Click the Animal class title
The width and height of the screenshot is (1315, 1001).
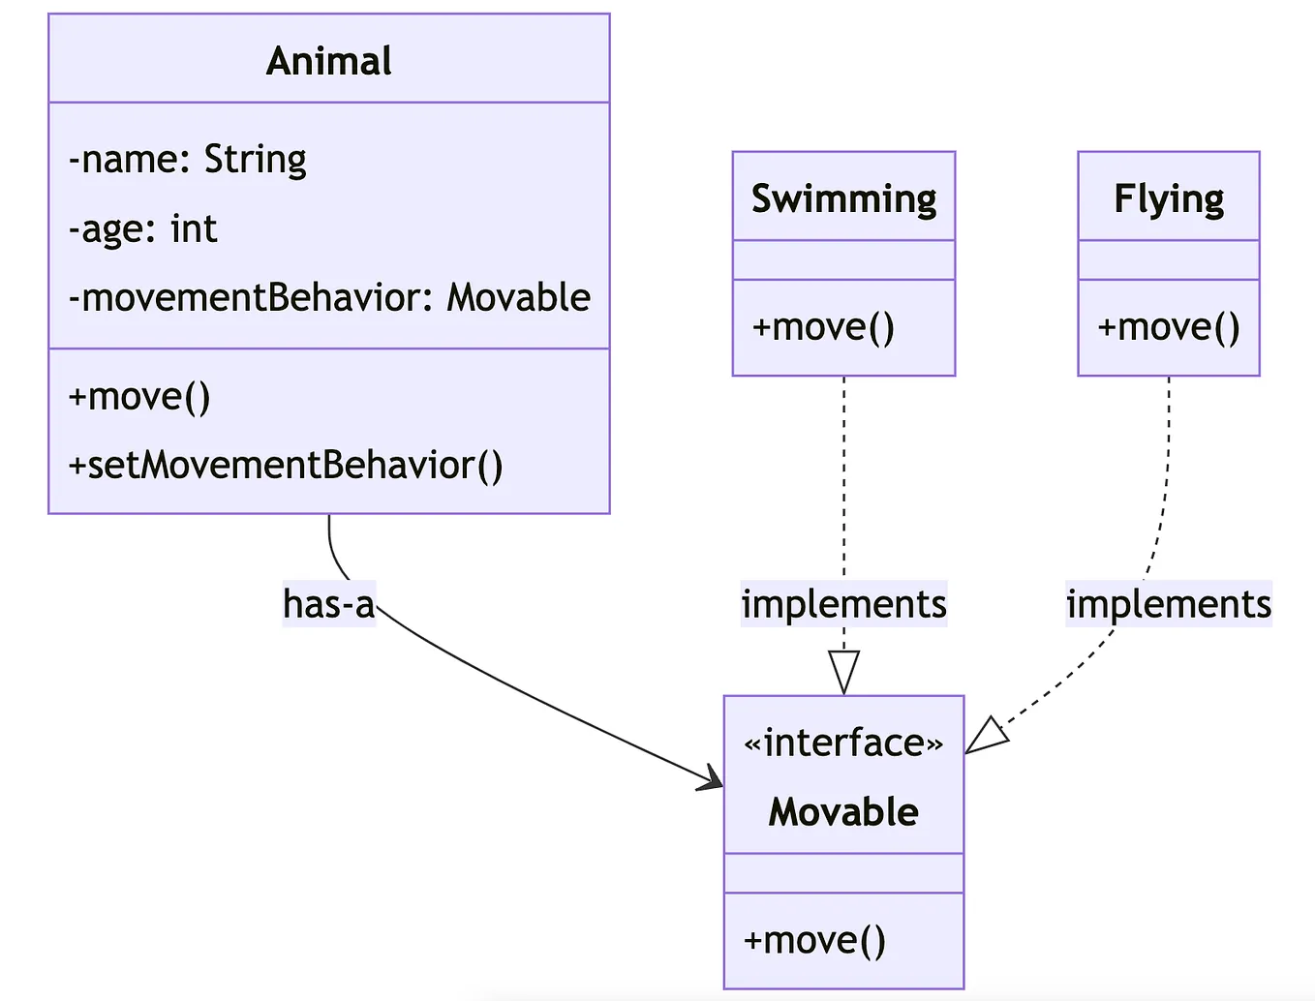pyautogui.click(x=329, y=61)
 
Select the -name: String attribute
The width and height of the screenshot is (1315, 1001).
pyautogui.click(x=188, y=159)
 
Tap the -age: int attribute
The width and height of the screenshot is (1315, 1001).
pyautogui.click(x=143, y=229)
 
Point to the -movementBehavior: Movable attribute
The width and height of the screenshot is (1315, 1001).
pyautogui.click(x=329, y=297)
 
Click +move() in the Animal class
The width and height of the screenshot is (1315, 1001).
pyautogui.click(x=139, y=397)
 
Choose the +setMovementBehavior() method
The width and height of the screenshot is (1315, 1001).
pyautogui.click(x=286, y=466)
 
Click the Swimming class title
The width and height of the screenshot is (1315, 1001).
pyautogui.click(x=843, y=198)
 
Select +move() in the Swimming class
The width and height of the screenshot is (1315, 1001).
pyautogui.click(x=823, y=327)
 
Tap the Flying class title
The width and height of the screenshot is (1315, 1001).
pyautogui.click(x=1169, y=198)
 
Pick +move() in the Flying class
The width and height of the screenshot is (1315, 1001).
pyautogui.click(x=1168, y=327)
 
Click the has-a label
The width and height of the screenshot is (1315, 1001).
pyautogui.click(x=328, y=604)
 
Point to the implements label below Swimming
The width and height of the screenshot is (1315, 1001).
pyautogui.click(x=843, y=604)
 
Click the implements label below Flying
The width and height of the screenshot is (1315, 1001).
pyautogui.click(x=1169, y=604)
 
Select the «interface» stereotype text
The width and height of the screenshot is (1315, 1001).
pyautogui.click(x=843, y=743)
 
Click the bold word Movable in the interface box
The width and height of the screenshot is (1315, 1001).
pyautogui.click(x=843, y=811)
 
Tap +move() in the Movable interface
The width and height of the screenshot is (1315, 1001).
pyautogui.click(x=814, y=940)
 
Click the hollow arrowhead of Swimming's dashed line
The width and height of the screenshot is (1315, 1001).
pyautogui.click(x=843, y=672)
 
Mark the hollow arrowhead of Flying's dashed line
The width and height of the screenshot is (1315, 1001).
pyautogui.click(x=987, y=736)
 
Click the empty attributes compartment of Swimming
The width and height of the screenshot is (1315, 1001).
pyautogui.click(x=843, y=260)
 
